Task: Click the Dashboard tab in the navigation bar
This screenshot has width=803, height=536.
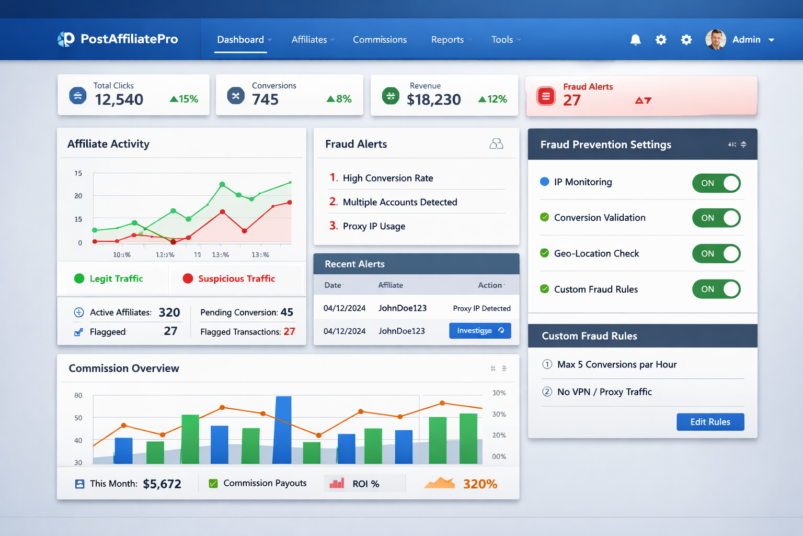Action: click(240, 40)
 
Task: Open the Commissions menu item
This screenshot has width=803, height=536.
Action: click(380, 40)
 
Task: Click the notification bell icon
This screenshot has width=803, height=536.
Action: click(635, 40)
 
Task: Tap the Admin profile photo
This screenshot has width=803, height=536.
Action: click(715, 40)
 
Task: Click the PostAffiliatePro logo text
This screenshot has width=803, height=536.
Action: click(129, 39)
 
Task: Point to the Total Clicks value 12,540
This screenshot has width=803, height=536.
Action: click(119, 99)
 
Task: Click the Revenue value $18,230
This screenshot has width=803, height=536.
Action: click(433, 99)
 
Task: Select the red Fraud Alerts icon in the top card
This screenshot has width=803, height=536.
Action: click(546, 96)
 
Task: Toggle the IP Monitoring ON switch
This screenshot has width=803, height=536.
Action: click(716, 183)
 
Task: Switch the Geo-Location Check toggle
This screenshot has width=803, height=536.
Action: click(716, 254)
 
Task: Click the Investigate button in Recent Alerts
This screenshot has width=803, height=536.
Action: click(480, 331)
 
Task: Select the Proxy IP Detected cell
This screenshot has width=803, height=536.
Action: click(481, 308)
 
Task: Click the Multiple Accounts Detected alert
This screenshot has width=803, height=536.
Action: click(399, 202)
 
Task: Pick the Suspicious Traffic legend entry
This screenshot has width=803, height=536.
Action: click(236, 278)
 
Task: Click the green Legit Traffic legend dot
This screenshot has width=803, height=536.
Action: click(79, 278)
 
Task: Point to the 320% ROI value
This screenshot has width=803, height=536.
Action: click(480, 484)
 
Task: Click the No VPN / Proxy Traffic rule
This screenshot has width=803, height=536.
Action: click(604, 392)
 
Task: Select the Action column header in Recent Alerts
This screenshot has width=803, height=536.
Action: click(490, 285)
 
